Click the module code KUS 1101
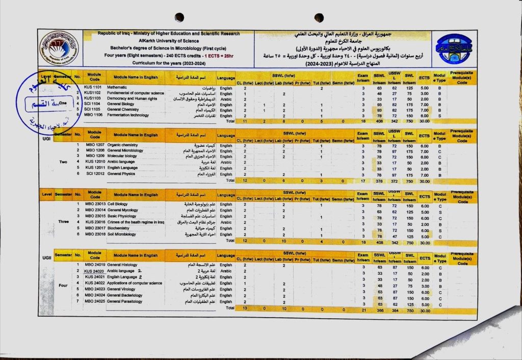coord(94,88)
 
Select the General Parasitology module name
coord(125,301)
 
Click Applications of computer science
coord(135,283)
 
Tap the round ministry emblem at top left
coord(59,49)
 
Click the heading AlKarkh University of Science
coord(168,39)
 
